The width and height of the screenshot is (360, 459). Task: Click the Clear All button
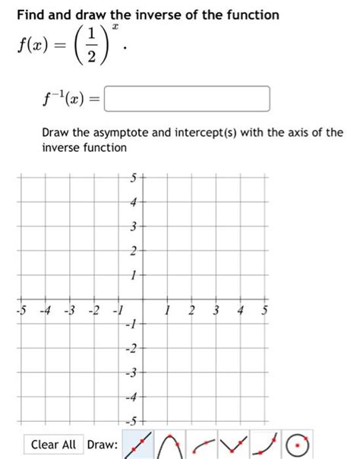tap(54, 444)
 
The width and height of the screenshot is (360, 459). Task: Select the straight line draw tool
tap(134, 443)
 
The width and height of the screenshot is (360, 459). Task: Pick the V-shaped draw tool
tap(237, 443)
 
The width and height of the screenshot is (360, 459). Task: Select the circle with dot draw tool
tap(301, 443)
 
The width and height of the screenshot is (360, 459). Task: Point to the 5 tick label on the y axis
tap(132, 179)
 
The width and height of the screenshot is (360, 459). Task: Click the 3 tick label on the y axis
tap(132, 226)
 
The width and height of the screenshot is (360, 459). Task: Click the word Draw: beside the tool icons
tap(102, 445)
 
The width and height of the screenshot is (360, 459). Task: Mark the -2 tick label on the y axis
tap(131, 348)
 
